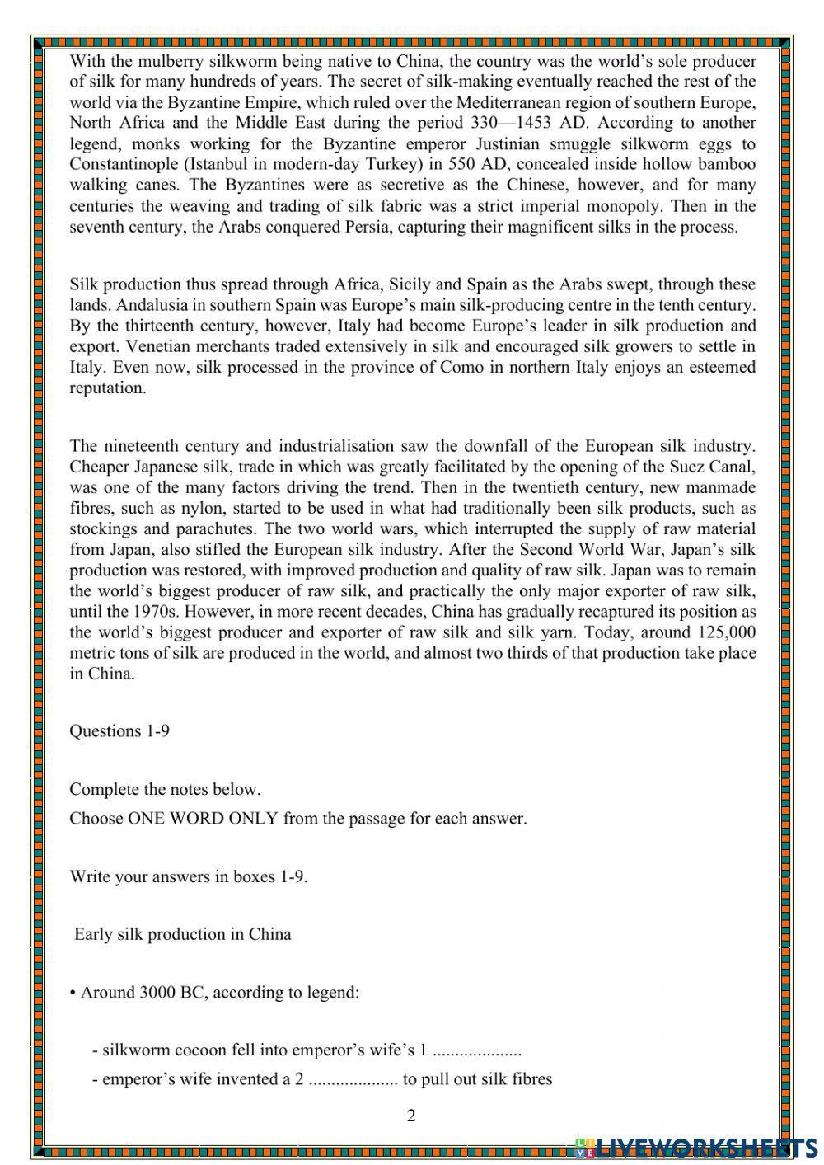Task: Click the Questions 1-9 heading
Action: coord(119,730)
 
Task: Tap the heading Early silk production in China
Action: coord(182,934)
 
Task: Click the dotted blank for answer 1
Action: coord(477,1050)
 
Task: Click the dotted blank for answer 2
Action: coord(353,1079)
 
